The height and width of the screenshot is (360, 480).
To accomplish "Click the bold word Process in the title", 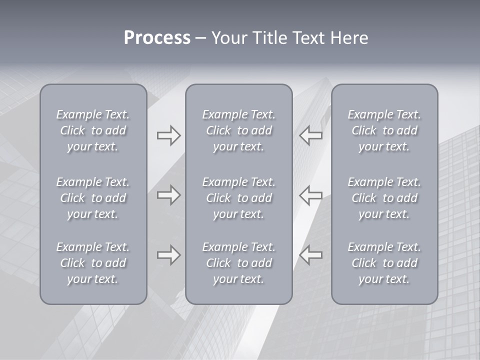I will [x=157, y=38].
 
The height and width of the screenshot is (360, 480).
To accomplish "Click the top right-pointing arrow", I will [x=168, y=135].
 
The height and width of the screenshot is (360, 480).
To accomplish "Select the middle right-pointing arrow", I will [x=168, y=195].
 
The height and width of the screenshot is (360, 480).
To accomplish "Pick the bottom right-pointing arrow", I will [x=168, y=254].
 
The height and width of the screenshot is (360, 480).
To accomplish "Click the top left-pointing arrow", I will [x=310, y=135].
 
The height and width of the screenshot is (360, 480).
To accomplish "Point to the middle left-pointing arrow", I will [x=310, y=195].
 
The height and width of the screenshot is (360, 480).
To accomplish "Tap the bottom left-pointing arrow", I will [x=310, y=254].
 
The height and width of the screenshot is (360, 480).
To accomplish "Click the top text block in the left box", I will [x=93, y=130].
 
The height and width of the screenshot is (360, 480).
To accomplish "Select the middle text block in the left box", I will [x=93, y=198].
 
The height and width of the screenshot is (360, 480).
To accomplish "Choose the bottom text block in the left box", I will [x=93, y=263].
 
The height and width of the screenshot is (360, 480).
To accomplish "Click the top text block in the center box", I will [x=239, y=130].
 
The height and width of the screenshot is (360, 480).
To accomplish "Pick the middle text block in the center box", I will [x=239, y=198].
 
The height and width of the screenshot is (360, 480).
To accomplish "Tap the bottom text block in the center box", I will [x=239, y=263].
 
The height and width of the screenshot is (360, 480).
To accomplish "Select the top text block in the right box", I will [x=384, y=130].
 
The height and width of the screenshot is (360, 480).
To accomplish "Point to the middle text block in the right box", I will [x=384, y=198].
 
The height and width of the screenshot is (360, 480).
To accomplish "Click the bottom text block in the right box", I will [x=384, y=263].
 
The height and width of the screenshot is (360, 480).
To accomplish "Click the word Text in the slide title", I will [x=308, y=38].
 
